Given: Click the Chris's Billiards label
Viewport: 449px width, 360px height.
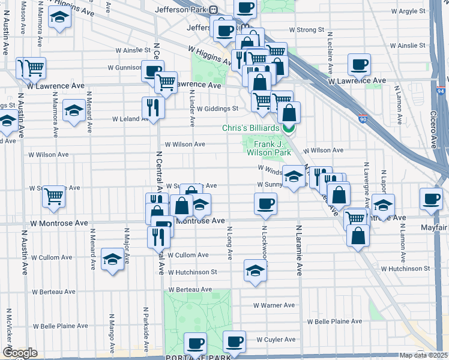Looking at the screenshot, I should [x=250, y=128].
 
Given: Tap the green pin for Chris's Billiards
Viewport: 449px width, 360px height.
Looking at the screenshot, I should [x=289, y=127].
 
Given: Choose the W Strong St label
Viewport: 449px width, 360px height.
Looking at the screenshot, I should [x=306, y=29].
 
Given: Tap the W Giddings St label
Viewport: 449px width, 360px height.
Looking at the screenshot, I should [x=211, y=109].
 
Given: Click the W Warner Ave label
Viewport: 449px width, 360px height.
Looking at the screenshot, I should [x=274, y=305].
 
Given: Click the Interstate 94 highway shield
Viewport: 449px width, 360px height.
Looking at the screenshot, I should [x=441, y=91].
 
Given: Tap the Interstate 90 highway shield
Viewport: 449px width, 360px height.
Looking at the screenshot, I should [x=362, y=119].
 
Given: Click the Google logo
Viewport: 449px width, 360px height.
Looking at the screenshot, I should [x=20, y=353].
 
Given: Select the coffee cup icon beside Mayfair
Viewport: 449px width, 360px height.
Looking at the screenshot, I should [x=430, y=199].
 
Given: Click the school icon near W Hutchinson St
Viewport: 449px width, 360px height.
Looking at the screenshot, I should [x=256, y=270].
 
